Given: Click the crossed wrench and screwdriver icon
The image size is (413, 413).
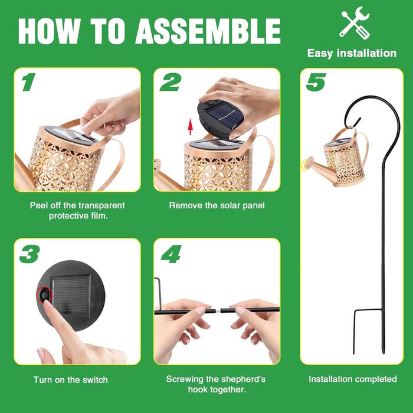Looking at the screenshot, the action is (355, 23).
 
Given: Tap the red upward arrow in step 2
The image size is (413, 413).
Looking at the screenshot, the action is (190, 127).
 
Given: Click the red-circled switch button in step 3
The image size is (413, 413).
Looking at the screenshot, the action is (44, 295).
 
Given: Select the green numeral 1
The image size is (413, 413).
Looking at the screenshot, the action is (28, 82).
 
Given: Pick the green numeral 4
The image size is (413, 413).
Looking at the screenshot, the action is (171, 254).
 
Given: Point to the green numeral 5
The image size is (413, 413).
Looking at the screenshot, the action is (316, 82).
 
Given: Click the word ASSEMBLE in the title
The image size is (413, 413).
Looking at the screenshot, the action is (208, 31).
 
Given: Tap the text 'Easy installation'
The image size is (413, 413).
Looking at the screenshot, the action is (352, 53).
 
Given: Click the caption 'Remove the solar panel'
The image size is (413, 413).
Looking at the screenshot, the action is (217, 205).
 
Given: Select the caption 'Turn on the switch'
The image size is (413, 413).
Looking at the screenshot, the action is (71, 380).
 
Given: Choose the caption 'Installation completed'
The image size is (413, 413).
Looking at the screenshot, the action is (353, 379).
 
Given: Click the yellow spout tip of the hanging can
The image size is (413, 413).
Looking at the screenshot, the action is (306, 164).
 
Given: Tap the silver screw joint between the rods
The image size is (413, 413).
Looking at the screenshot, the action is (218, 311).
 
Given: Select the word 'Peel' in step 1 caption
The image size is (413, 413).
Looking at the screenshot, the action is (39, 205).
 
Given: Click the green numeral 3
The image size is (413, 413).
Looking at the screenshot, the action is (29, 254).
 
